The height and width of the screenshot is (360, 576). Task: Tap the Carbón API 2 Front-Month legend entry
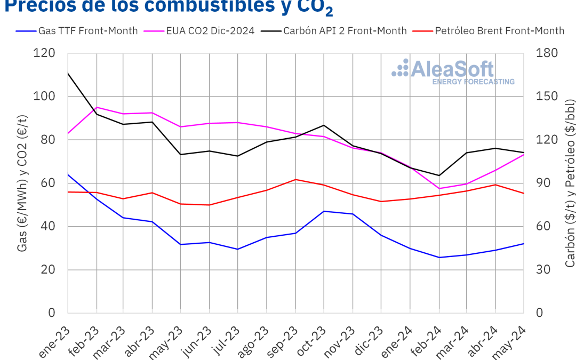345,30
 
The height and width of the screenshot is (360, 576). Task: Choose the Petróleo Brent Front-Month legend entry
499,30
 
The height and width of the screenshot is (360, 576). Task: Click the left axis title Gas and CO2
22,183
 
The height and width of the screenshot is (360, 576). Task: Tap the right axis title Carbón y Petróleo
570,183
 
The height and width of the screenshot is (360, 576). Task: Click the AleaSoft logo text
452,70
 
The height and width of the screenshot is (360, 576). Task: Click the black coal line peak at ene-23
68,73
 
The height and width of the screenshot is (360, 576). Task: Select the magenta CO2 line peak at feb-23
97,107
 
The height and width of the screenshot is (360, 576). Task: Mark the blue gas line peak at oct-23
324,211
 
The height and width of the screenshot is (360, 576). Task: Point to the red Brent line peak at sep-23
296,179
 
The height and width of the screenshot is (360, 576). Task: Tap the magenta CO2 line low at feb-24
439,188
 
